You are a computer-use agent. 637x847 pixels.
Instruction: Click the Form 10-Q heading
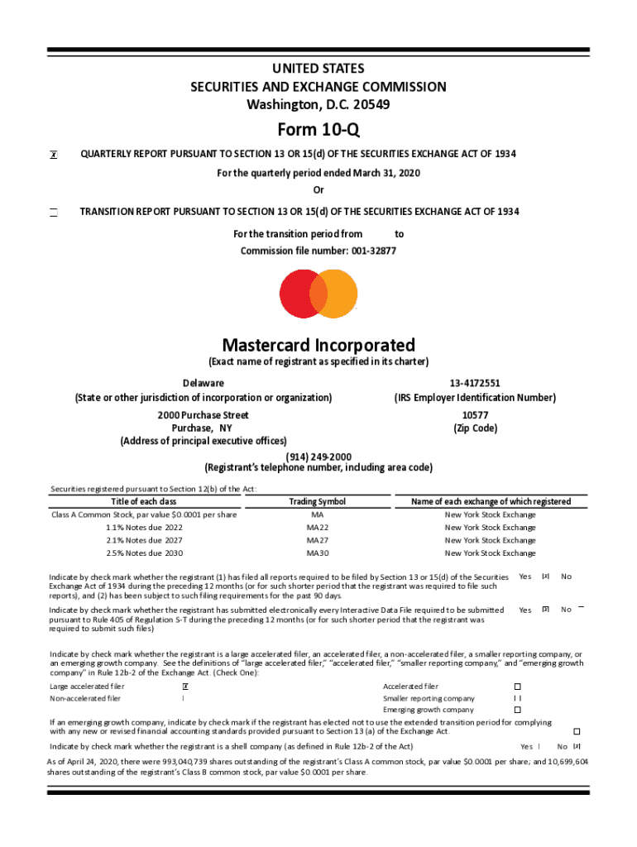pos(318,129)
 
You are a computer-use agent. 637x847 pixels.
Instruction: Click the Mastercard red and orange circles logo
pos(318,294)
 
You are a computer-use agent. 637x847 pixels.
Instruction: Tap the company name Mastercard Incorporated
pos(318,345)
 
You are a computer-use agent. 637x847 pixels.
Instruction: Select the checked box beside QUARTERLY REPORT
pos(53,155)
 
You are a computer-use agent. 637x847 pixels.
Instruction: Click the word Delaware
pos(203,383)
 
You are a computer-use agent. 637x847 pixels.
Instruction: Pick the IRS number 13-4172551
pos(475,383)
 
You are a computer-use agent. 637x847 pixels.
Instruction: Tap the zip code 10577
pos(475,414)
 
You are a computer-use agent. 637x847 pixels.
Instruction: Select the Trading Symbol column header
pos(318,501)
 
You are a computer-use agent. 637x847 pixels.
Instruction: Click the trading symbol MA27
pos(318,540)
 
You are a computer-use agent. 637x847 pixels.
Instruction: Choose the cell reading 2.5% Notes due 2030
pos(144,553)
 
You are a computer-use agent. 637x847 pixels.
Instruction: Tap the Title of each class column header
pos(144,501)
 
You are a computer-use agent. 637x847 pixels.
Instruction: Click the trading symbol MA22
pos(318,527)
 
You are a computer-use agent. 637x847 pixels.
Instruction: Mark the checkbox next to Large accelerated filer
pos(184,687)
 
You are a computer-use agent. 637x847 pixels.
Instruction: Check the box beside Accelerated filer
pos(518,687)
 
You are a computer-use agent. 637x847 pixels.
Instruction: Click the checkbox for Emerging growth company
pos(518,710)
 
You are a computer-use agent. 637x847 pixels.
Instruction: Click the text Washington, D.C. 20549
pos(318,104)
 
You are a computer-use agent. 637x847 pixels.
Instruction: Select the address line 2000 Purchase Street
pos(203,414)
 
